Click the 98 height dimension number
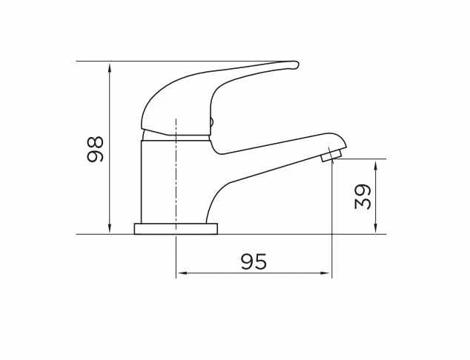(x=95, y=149)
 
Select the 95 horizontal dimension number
(x=254, y=261)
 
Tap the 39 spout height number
(x=363, y=197)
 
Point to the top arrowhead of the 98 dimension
(x=110, y=67)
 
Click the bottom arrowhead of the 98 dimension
(x=110, y=229)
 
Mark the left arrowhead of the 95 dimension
(x=180, y=273)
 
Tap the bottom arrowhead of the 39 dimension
(x=377, y=229)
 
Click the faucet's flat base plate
(x=176, y=228)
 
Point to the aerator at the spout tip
(x=331, y=155)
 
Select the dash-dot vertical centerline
(x=176, y=178)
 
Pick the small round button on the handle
(x=211, y=124)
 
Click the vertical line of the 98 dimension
(x=110, y=111)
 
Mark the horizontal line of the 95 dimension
(x=222, y=273)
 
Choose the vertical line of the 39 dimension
(x=377, y=215)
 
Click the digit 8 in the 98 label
(x=95, y=141)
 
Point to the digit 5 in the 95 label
(x=260, y=261)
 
